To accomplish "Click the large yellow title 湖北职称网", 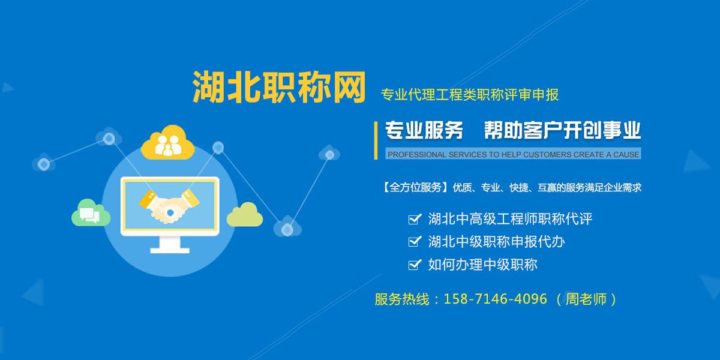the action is tap(278, 87).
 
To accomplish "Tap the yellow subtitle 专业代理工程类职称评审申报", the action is tap(470, 95).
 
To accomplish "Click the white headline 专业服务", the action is tap(424, 130).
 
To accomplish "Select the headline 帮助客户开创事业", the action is tap(563, 130).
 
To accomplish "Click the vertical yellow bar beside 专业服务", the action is tap(376, 140).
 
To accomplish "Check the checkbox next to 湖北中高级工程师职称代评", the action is tap(415, 219).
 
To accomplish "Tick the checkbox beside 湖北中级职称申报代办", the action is tap(415, 242).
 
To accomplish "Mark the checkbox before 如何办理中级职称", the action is tap(415, 265).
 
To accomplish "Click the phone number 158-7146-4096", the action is tap(495, 299).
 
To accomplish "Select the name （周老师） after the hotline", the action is tap(586, 299).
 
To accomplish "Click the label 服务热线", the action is tap(402, 299).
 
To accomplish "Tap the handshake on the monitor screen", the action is tap(169, 206).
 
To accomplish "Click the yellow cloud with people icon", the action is tap(168, 142).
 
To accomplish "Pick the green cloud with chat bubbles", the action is tap(91, 212).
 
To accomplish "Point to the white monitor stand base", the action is tap(170, 250).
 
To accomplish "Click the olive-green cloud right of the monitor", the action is tap(245, 214).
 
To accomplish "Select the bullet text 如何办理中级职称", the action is tap(483, 265).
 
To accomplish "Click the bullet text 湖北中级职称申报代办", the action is tap(496, 242).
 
